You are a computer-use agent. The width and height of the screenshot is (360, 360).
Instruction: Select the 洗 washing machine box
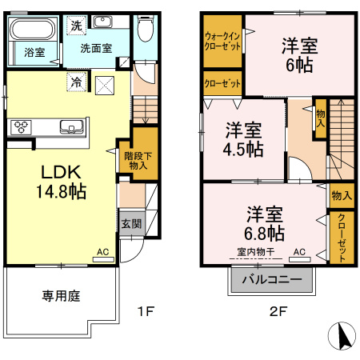tap(74, 26)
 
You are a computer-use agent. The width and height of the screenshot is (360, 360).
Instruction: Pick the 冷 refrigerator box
tap(75, 82)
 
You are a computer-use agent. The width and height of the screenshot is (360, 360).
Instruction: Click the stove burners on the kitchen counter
tap(22, 126)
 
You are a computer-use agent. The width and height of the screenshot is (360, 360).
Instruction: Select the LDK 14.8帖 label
tap(58, 182)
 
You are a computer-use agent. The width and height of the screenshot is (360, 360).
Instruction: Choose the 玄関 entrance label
tap(130, 224)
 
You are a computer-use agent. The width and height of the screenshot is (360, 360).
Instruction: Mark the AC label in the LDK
tap(102, 251)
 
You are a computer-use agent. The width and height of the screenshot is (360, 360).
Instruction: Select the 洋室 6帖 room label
tap(298, 56)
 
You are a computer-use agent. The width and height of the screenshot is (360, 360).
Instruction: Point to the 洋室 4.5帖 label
tap(242, 138)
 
